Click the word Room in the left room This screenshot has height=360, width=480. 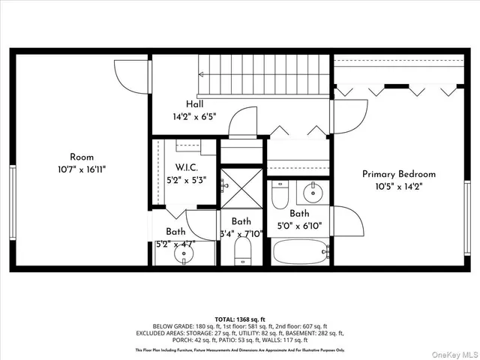pyautogui.click(x=82, y=157)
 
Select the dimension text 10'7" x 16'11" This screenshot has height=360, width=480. pyautogui.click(x=82, y=169)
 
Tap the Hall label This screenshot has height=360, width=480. pyautogui.click(x=194, y=104)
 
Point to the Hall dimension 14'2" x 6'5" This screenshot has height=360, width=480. pyautogui.click(x=194, y=117)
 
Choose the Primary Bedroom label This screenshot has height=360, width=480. pyautogui.click(x=398, y=174)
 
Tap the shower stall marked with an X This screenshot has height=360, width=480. pyautogui.click(x=241, y=187)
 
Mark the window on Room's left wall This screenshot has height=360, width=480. pyautogui.click(x=12, y=192)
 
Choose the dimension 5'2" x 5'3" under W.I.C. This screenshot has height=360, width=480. pyautogui.click(x=185, y=179)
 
